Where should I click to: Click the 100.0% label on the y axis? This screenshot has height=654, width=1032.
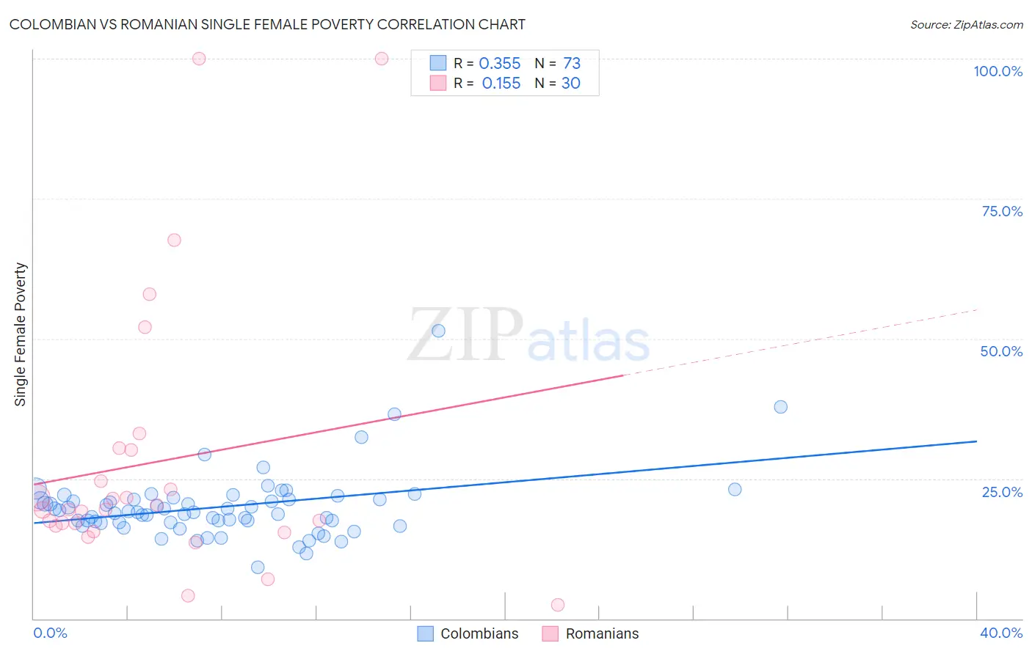[998, 71]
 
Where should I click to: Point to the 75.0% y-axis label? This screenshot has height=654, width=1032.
[1002, 211]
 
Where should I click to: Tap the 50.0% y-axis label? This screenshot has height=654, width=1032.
[1001, 351]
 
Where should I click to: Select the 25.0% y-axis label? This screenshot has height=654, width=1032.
[1002, 492]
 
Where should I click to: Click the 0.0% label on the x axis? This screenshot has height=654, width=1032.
[50, 633]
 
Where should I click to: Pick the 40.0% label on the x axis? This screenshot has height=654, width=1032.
[1000, 633]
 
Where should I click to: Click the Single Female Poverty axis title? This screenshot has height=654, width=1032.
[21, 334]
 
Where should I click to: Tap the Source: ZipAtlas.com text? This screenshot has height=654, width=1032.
[966, 25]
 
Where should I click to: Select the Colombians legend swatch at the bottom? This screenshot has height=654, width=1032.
[425, 633]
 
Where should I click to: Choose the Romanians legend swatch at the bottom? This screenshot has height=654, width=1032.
[550, 633]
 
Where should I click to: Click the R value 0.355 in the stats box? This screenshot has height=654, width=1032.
[499, 64]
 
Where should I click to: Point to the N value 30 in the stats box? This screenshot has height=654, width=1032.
[570, 84]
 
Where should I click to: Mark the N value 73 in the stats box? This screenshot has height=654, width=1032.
[571, 64]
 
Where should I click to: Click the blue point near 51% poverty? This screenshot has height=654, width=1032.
[438, 331]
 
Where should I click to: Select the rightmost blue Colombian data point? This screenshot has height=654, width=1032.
[780, 407]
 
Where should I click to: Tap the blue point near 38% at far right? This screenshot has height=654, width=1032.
[780, 407]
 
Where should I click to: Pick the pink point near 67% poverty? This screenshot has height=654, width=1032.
[174, 240]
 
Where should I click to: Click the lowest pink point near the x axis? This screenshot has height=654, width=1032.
[558, 605]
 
